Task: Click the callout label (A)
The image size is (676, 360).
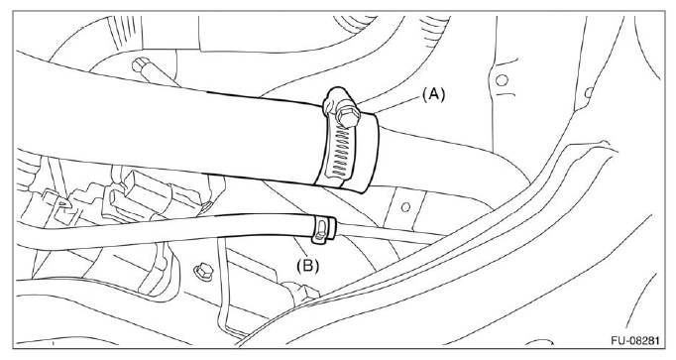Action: (433, 94)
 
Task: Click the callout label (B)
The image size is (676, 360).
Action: (308, 265)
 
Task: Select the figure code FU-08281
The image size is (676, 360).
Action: (634, 340)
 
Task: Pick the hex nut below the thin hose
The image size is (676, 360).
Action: (203, 271)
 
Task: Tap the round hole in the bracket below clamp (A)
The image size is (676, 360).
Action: (405, 207)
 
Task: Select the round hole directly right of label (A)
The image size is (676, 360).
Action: (502, 79)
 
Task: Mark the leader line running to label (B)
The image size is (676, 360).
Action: (301, 248)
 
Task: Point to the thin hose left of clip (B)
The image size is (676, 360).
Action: (164, 231)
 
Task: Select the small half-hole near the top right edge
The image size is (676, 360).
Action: (589, 92)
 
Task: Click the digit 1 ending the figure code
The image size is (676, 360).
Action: (656, 340)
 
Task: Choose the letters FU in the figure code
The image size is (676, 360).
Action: (617, 340)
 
